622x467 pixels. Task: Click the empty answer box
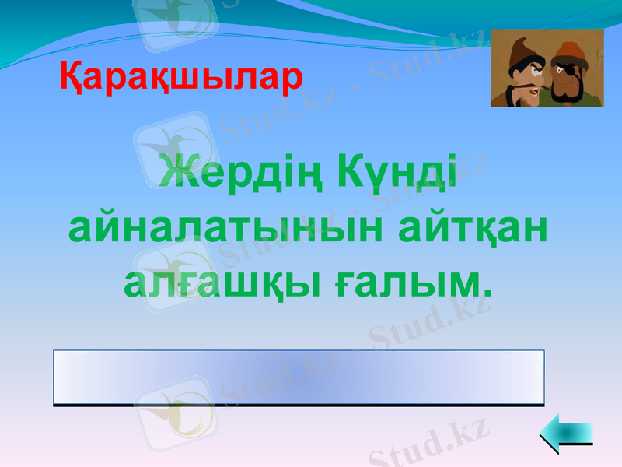[x=299, y=377]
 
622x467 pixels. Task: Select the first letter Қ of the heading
[x=72, y=79]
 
